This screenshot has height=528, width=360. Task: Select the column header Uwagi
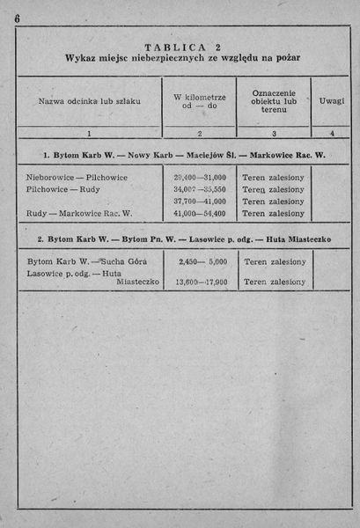point(332,101)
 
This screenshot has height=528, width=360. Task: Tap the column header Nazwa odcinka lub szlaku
point(89,101)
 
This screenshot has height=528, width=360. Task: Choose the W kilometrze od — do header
point(200,101)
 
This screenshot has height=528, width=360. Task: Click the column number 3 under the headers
point(274,133)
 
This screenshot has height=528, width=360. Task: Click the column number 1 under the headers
point(89,133)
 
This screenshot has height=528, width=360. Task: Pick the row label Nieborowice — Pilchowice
point(77,177)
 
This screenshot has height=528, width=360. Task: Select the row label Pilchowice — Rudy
point(62,189)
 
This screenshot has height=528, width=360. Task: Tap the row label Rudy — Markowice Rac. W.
point(79,213)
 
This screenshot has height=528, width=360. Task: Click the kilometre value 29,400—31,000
point(200,177)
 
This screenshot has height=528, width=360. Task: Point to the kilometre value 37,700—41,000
point(200,202)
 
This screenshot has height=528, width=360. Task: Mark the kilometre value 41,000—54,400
point(200,213)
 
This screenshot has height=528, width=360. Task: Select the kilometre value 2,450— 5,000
point(202,261)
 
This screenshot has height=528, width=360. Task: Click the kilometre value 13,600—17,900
point(202,282)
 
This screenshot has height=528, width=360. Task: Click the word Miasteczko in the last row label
point(136,282)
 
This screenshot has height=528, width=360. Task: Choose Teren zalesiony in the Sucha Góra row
point(274,261)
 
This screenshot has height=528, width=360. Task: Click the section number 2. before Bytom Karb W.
point(41,239)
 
